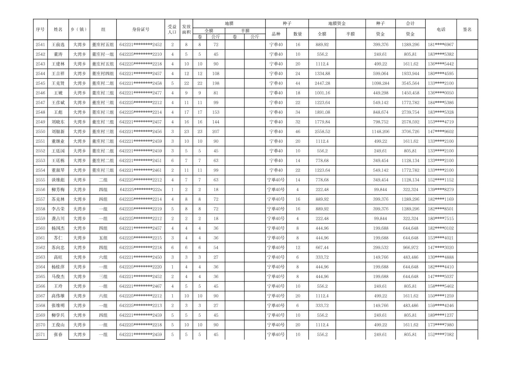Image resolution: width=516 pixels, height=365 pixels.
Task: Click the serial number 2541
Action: click(40, 45)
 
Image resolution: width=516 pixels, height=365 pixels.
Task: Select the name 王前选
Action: click(58, 45)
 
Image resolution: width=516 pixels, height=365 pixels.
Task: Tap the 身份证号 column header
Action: click(141, 30)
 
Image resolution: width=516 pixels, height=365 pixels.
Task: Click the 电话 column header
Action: click(441, 30)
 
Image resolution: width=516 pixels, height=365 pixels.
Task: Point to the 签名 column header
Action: click(467, 30)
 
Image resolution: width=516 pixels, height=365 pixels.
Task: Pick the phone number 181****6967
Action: click(441, 45)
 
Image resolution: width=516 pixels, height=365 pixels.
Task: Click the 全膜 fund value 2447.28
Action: click(322, 83)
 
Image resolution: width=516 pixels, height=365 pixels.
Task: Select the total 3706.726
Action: click(410, 132)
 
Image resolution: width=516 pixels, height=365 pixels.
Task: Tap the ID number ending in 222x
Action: click(141, 190)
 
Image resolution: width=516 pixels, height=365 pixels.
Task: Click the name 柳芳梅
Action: click(58, 190)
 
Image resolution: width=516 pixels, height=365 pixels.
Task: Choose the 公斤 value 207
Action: click(216, 132)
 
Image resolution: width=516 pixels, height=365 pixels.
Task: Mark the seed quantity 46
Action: click(297, 132)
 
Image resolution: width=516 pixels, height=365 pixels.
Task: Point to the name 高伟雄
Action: click(58, 296)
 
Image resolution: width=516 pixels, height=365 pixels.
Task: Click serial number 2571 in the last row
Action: click(40, 335)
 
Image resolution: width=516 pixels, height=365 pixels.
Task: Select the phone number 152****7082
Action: click(441, 335)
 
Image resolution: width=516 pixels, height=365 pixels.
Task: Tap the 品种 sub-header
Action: click(276, 34)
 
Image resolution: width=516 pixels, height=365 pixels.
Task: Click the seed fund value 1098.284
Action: click(380, 83)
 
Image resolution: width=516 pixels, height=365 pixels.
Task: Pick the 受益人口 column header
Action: click(172, 30)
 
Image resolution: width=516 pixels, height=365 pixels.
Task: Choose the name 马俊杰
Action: click(58, 277)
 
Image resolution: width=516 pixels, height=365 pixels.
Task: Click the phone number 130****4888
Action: click(441, 257)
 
